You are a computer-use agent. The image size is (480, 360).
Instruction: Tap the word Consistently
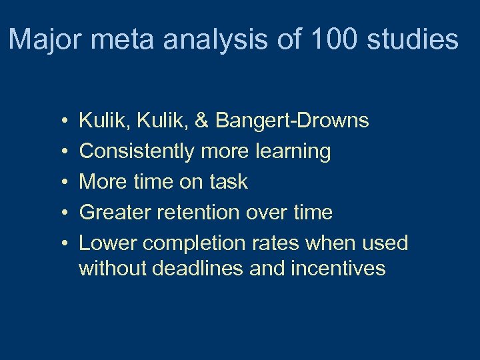pos(135,151)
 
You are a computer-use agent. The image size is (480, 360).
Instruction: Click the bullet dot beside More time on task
pos(61,183)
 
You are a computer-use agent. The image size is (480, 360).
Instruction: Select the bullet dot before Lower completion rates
pos(61,244)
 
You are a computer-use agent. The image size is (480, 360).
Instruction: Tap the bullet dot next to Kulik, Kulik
pos(61,121)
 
